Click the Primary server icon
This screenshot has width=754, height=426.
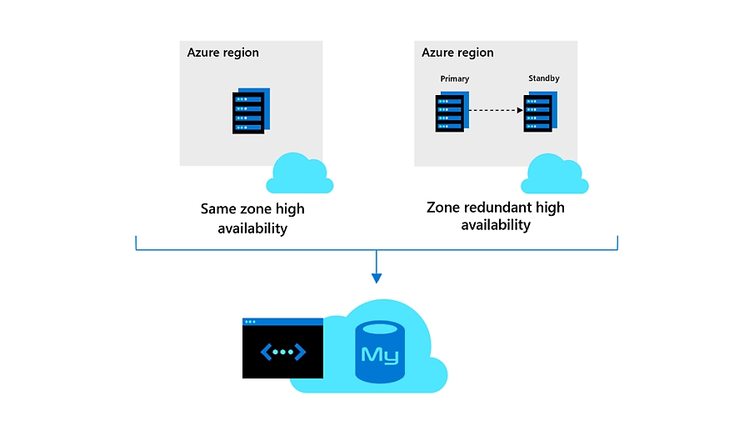click(x=451, y=113)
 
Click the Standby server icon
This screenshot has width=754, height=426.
click(x=539, y=113)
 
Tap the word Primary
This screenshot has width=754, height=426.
click(x=455, y=79)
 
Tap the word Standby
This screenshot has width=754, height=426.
click(x=544, y=78)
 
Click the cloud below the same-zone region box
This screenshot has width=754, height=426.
click(x=299, y=173)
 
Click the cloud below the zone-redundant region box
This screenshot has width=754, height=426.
click(x=554, y=174)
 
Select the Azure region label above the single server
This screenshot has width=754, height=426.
click(x=223, y=53)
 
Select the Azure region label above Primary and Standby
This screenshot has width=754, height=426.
click(x=457, y=53)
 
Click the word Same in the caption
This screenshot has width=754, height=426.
click(x=219, y=209)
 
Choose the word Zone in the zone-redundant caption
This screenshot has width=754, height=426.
click(x=443, y=208)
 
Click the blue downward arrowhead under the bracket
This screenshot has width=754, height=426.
click(x=377, y=278)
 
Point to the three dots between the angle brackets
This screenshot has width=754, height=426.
click(x=283, y=353)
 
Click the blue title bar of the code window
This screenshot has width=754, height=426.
click(x=282, y=321)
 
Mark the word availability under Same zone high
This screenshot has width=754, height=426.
click(x=252, y=228)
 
